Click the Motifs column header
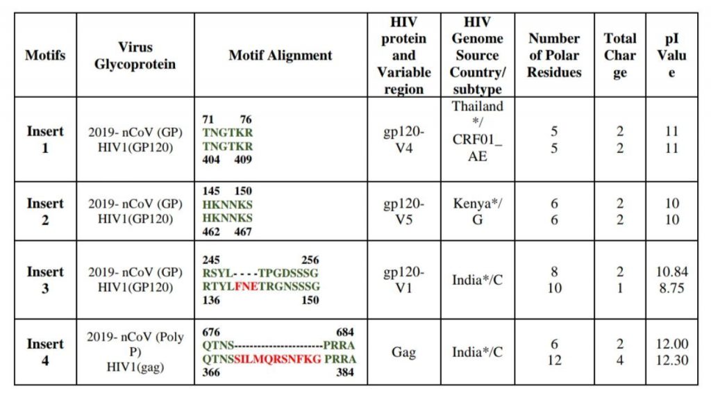[45, 55]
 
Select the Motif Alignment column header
[281, 55]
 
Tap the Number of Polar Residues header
[553, 55]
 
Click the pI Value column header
[671, 55]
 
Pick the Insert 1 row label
[45, 139]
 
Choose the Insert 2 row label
[45, 210]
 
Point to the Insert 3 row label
[45, 279]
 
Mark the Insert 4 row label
[45, 351]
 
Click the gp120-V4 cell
[403, 139]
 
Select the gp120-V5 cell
[403, 210]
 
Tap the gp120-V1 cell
[403, 279]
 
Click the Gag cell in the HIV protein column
[403, 352]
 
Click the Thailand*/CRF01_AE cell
[477, 131]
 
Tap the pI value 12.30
[671, 360]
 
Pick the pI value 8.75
[671, 287]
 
